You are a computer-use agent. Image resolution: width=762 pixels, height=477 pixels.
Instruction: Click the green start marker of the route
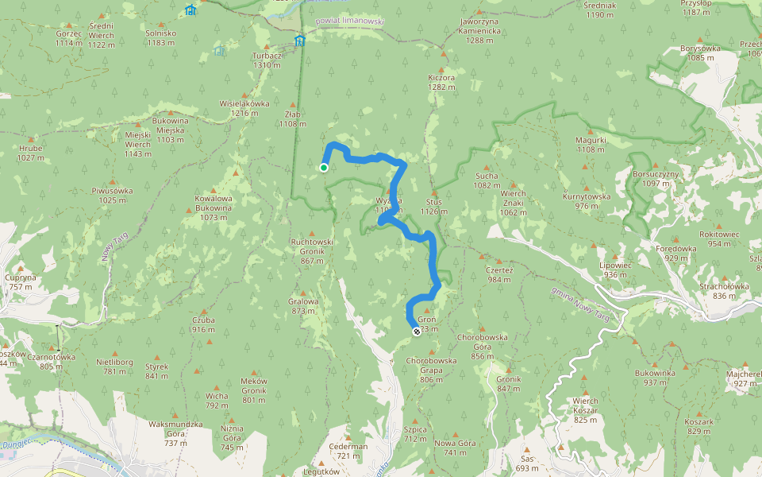(324, 168)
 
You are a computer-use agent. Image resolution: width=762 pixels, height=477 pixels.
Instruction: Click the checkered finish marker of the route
(417, 331)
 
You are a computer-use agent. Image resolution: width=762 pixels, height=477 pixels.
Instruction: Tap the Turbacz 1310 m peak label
(266, 60)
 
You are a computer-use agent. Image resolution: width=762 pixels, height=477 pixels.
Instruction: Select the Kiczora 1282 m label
(441, 83)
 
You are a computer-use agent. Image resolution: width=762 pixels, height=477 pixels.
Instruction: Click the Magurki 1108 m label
(591, 145)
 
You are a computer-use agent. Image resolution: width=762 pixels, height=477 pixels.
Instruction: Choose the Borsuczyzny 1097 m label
(656, 178)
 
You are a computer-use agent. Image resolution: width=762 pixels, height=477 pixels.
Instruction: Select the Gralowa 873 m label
(303, 306)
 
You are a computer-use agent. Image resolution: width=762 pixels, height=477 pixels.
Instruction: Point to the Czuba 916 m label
(203, 324)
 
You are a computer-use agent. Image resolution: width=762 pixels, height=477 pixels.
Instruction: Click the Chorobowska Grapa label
(431, 370)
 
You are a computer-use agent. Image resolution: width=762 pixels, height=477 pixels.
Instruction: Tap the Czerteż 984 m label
(498, 274)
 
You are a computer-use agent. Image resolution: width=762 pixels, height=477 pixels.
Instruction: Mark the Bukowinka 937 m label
(655, 378)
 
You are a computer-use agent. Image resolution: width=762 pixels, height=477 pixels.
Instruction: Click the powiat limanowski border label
(349, 24)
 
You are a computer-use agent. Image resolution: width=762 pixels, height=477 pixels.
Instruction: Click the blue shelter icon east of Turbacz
(300, 41)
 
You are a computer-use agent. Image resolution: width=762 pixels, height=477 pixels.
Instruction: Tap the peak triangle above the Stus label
(434, 192)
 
